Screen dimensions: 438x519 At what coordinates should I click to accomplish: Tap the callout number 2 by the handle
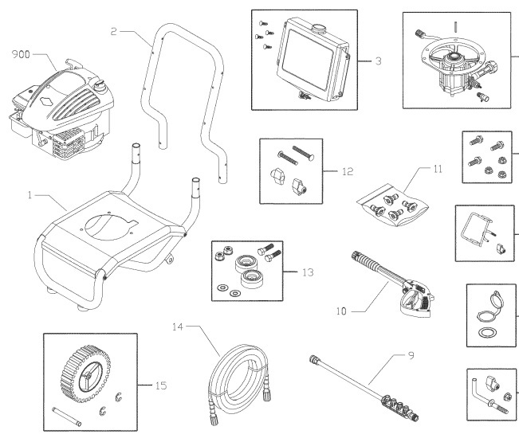pyautogui.click(x=114, y=31)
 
